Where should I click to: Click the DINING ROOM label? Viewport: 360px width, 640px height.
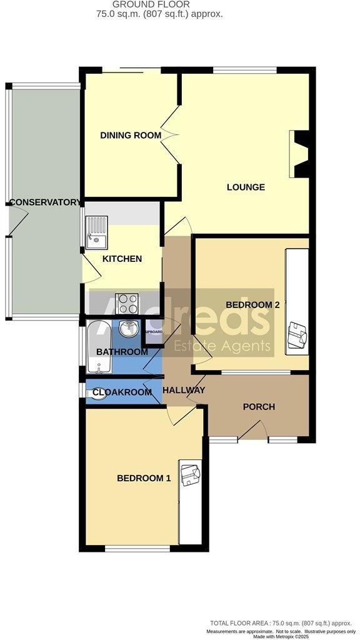click(131, 135)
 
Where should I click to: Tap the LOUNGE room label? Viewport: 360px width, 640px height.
click(246, 187)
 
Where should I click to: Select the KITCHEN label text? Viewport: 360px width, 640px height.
click(122, 259)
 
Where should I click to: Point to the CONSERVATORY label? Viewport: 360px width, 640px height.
click(45, 202)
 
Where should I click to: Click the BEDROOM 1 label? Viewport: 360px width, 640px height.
click(144, 478)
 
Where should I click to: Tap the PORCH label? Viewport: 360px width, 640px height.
click(258, 407)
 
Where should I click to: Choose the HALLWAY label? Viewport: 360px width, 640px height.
click(184, 391)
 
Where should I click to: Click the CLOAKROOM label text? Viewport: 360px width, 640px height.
click(122, 392)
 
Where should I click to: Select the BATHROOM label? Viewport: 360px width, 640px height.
click(122, 352)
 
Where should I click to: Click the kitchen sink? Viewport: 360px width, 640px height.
click(97, 231)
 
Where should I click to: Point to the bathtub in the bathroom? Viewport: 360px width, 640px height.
click(97, 347)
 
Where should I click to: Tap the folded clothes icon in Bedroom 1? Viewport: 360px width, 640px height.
click(189, 473)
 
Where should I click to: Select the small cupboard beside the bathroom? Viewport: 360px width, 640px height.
click(152, 333)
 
